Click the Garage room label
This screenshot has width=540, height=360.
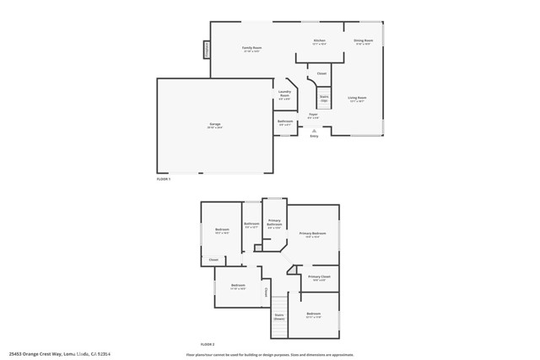(215, 125)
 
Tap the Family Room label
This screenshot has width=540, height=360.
(251, 49)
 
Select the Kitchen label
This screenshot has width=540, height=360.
(320, 41)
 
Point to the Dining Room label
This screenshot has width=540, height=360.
(364, 41)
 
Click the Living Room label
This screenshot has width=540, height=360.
(358, 99)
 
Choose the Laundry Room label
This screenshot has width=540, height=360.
(284, 95)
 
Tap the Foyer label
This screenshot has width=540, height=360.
(313, 116)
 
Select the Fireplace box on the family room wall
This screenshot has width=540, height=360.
(205, 51)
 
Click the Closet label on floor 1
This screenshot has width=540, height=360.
(321, 74)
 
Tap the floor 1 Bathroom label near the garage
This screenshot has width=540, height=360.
(285, 122)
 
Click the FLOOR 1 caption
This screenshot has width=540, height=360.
(164, 179)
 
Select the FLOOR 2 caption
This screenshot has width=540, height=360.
(208, 345)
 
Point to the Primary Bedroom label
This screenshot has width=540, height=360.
(312, 234)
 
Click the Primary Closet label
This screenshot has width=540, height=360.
(319, 277)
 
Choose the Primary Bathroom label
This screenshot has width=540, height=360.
(274, 224)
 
